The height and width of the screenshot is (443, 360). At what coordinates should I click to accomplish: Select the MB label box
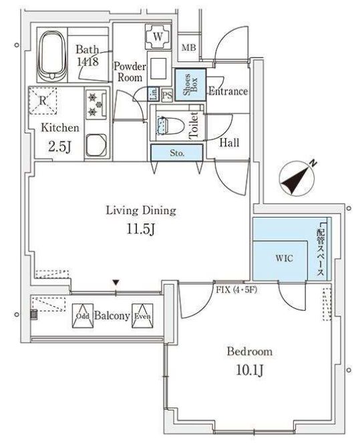(x=190, y=47)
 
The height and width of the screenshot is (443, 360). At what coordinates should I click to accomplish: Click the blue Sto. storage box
(x=176, y=153)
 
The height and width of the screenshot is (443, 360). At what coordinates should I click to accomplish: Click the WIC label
(x=283, y=257)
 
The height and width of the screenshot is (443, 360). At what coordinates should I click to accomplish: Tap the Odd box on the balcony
(x=82, y=316)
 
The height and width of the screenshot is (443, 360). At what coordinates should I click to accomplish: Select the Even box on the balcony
(x=142, y=316)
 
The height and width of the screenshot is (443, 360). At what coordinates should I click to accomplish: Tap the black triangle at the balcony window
(x=117, y=284)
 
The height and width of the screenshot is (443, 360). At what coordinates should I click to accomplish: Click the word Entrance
(x=228, y=91)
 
